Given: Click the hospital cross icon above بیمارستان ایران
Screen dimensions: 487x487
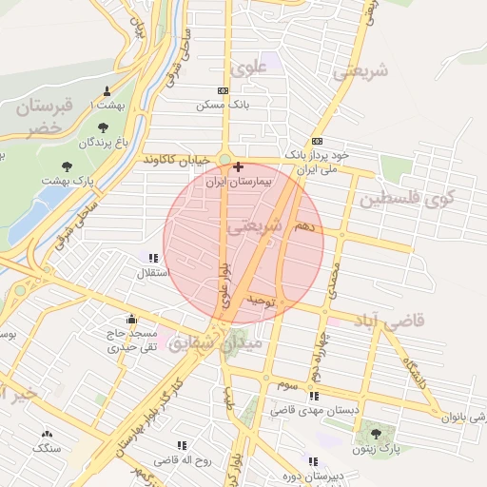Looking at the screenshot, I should (237, 166).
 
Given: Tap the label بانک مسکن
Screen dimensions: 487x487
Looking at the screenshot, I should (223, 104).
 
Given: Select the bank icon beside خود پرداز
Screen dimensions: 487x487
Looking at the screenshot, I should (317, 142).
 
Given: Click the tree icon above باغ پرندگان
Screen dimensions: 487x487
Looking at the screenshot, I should (103, 127).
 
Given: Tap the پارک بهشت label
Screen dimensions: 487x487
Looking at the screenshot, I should (71, 181).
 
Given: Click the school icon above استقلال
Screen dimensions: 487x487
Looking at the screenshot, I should (153, 257).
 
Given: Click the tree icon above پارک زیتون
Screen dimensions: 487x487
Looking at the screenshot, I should (376, 433).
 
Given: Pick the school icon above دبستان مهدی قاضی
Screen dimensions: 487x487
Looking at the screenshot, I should (314, 396).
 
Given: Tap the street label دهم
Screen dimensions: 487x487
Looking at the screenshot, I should (303, 227).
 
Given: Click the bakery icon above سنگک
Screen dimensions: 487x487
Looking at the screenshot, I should (46, 433).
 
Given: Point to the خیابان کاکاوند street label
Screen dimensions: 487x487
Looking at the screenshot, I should (175, 162).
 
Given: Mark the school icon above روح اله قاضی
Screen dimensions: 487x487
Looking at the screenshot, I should (181, 444).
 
